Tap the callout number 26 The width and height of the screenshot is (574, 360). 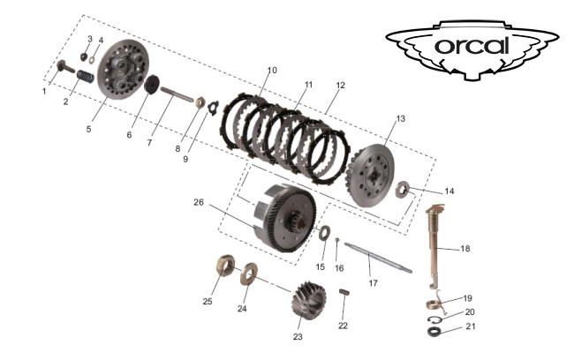[200, 201]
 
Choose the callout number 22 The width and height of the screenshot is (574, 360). [343, 326]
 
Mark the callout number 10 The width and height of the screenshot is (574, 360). [271, 70]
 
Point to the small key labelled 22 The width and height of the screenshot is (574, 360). [345, 293]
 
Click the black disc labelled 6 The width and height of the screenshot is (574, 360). [151, 85]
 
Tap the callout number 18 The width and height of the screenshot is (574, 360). [465, 250]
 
